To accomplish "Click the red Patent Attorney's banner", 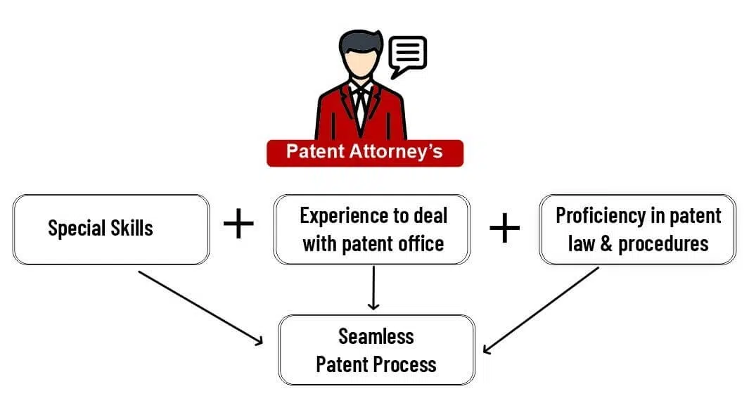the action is point(365,153).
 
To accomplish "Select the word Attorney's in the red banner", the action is point(396,152).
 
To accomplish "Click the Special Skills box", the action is point(111,229).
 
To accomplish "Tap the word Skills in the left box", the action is point(132,228).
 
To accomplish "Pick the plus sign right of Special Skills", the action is point(238,223).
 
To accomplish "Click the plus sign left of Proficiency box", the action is point(504,228).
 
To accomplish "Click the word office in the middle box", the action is point(422,243).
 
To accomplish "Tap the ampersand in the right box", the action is point(606,244).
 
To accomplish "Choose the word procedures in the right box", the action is point(663,244).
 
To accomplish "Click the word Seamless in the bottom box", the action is point(376,336).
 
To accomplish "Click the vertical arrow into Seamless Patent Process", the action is point(373,288).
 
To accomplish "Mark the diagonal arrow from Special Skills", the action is point(200,308).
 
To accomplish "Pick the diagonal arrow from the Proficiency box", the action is point(541,310).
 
